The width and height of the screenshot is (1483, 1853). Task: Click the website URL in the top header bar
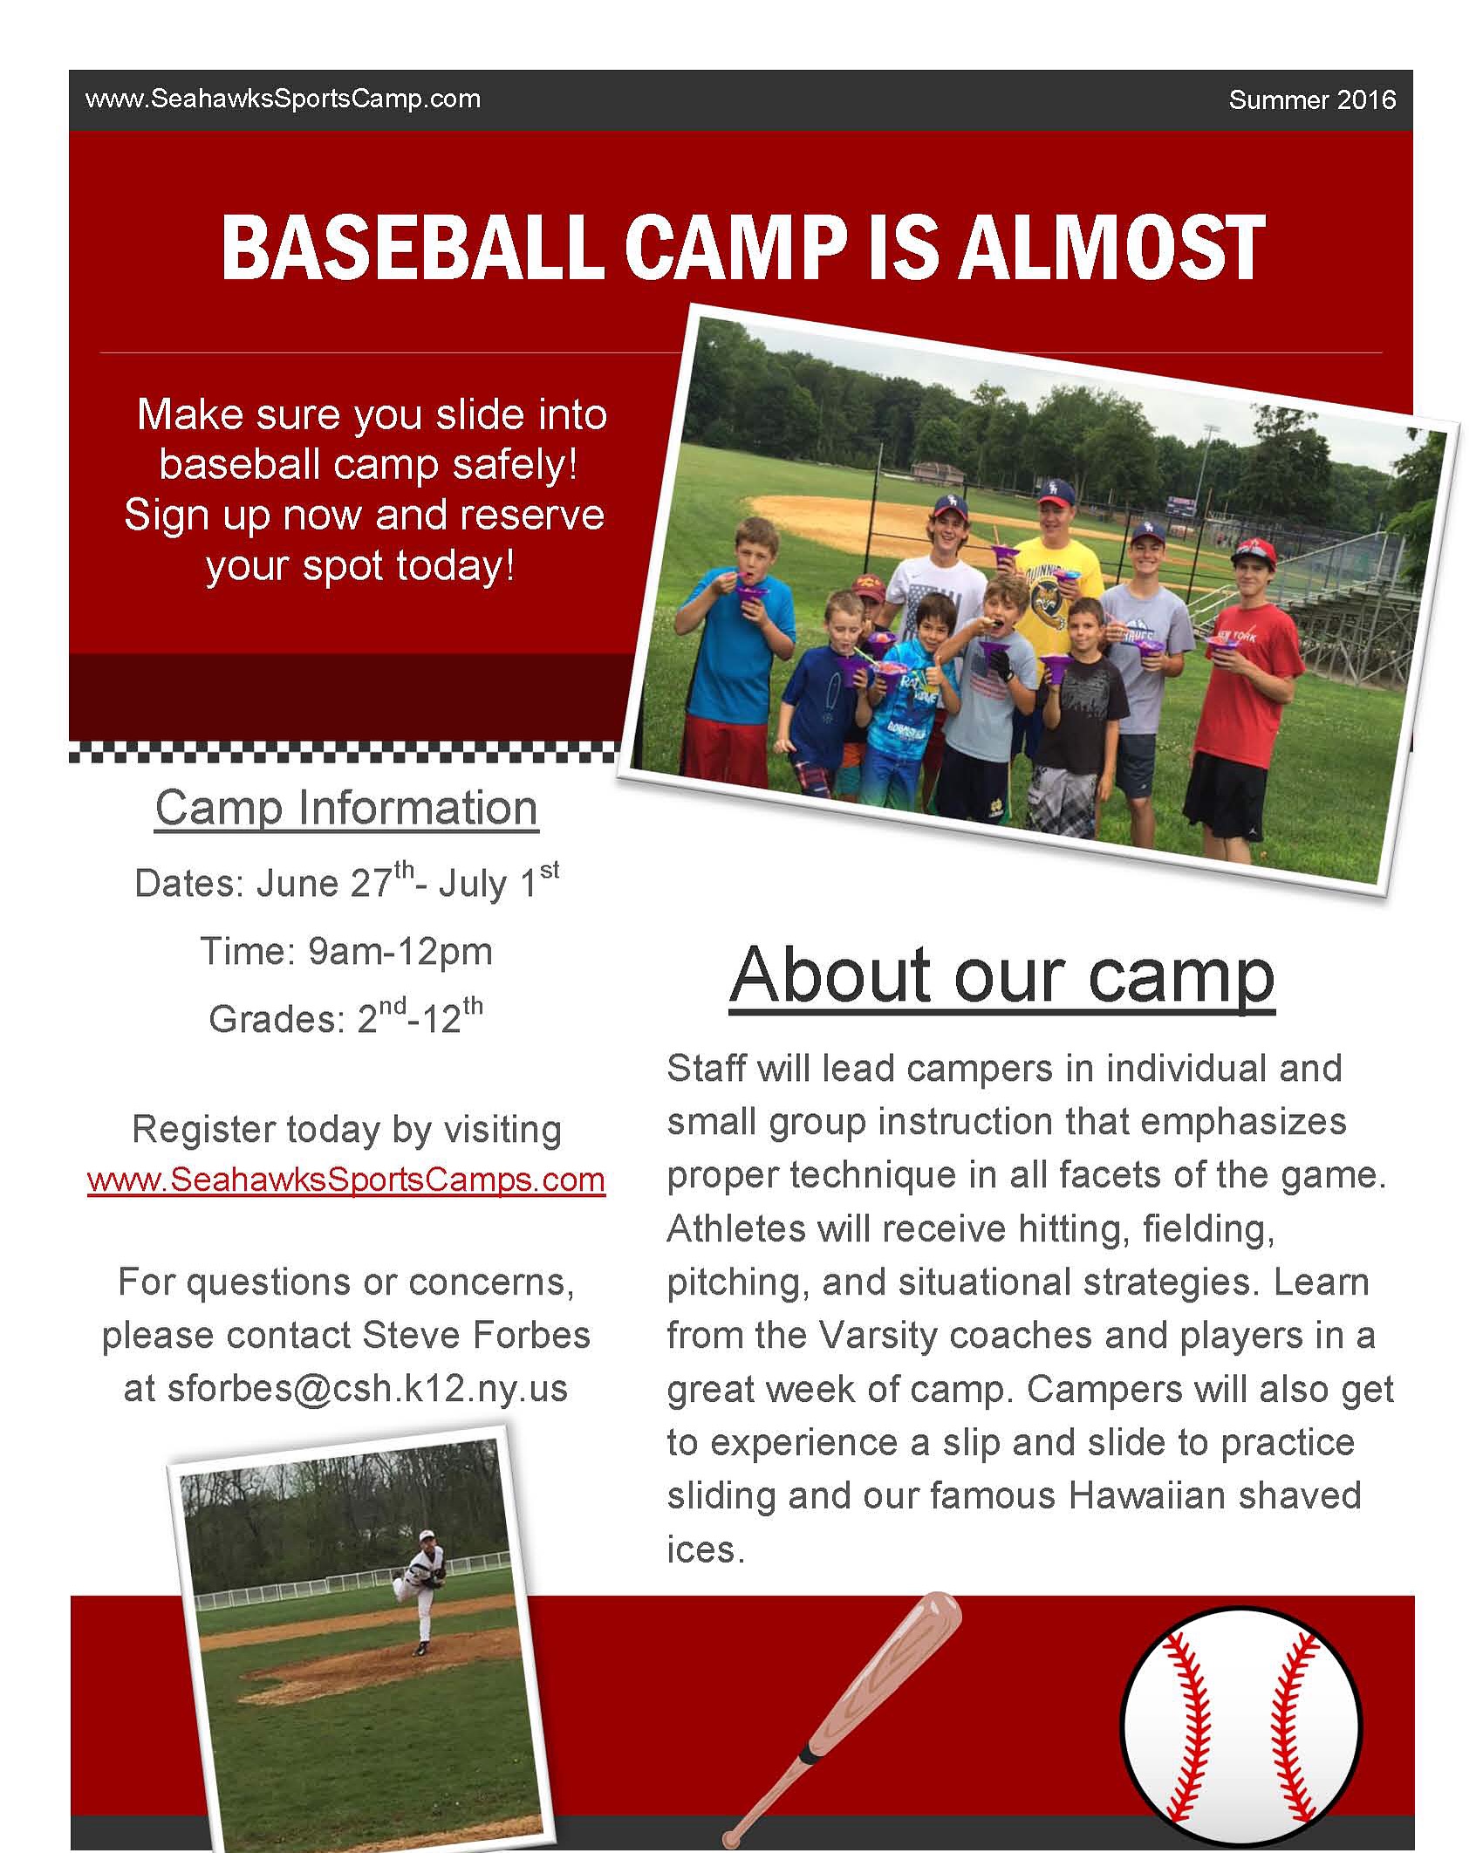pos(283,99)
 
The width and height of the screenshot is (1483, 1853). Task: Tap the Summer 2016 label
pos(1312,100)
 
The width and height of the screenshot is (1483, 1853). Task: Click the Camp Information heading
pos(346,808)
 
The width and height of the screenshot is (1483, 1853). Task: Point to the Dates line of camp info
pos(346,882)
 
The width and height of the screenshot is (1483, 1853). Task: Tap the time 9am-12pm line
pos(346,951)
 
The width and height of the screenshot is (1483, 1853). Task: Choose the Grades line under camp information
pos(346,1016)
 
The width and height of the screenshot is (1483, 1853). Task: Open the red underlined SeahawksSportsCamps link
pos(346,1179)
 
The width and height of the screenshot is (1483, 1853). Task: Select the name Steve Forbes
pos(476,1335)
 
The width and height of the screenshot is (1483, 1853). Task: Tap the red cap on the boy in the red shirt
pos(1254,552)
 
